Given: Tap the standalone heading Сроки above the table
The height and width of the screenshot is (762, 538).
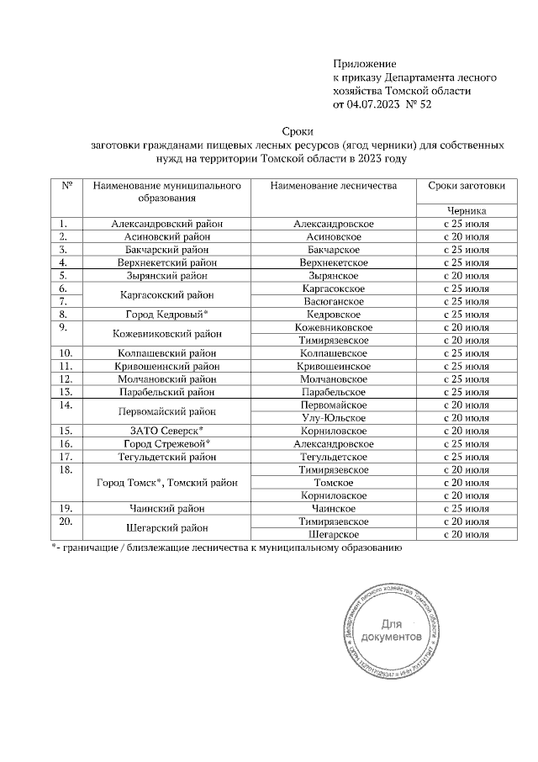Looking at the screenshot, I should tap(298, 131).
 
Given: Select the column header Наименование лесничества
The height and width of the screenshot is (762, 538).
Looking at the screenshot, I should tap(334, 185).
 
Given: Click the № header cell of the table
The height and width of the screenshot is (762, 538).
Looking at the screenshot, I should tap(66, 185).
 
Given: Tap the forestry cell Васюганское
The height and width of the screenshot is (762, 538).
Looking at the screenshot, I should tap(334, 301).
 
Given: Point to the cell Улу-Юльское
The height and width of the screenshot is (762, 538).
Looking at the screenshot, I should tap(334, 418).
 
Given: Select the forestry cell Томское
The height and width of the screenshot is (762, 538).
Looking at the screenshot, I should tap(334, 483).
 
